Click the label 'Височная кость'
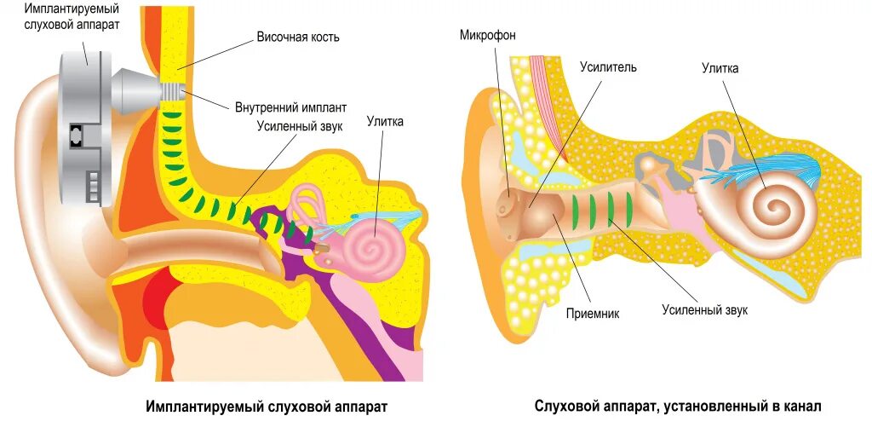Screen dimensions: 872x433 (298, 38)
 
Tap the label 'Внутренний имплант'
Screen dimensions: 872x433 (290, 108)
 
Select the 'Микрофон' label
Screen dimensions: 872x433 (487, 35)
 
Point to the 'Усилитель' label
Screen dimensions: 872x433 (608, 66)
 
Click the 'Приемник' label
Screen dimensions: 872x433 (593, 313)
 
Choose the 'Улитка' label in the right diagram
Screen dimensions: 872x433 (720, 67)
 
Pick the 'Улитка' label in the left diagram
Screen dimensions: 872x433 (385, 121)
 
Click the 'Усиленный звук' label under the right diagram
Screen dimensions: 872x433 (704, 310)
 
